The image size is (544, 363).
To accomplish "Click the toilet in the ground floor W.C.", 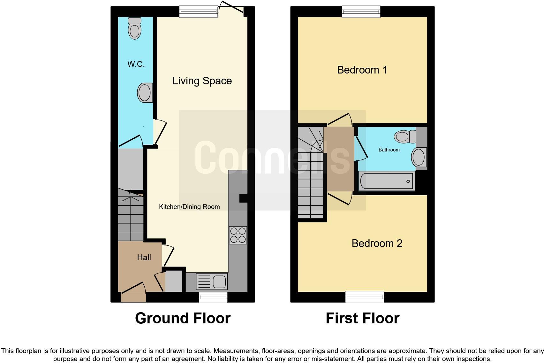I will (134, 28).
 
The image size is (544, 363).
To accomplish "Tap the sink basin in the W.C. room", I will (145, 93).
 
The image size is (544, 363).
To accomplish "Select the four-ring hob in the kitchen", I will (238, 235).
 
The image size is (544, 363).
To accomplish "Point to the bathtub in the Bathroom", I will (387, 181).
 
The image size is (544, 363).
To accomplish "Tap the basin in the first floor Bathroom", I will (419, 157).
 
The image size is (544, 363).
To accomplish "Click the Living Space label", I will (202, 81).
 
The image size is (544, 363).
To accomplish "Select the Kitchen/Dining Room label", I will (189, 207).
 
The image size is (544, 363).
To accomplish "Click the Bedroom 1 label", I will (362, 70).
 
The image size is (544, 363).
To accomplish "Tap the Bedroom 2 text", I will (377, 243).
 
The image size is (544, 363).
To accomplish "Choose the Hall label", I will (144, 257).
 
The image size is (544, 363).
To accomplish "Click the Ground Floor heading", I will (183, 318).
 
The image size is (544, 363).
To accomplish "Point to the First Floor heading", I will (362, 318).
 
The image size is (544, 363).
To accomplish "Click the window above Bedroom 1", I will (361, 12).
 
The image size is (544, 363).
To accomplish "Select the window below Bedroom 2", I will (365, 297).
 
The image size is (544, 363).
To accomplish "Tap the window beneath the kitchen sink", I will (213, 297).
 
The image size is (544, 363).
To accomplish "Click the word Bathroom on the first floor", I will (389, 150).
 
